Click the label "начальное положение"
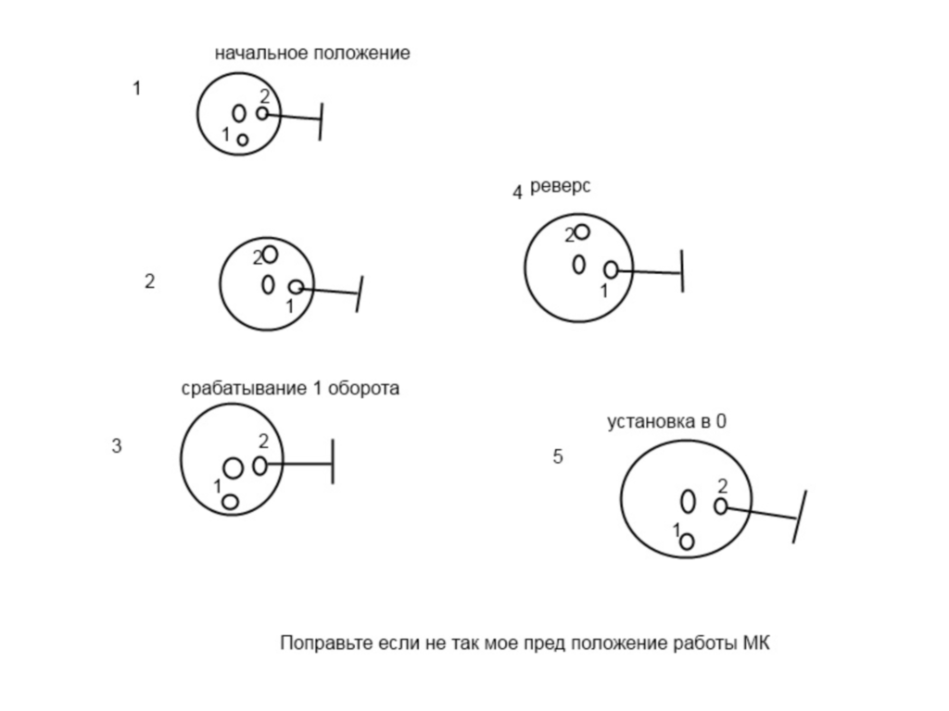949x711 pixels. click(311, 54)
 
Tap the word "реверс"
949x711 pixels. click(560, 186)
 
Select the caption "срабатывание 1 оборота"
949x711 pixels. click(290, 389)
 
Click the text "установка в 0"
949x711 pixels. click(666, 422)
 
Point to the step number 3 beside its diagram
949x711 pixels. click(117, 446)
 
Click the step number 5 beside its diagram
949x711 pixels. click(557, 456)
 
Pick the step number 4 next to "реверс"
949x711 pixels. click(517, 193)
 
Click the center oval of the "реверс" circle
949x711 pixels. click(579, 265)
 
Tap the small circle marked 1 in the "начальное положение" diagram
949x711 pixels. click(243, 140)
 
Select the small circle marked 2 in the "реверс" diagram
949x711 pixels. click(582, 231)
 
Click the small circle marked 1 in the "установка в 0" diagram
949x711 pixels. click(687, 542)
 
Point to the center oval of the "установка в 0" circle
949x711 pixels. click(688, 501)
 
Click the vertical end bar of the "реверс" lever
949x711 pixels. click(681, 271)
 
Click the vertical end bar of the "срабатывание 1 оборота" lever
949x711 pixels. click(332, 462)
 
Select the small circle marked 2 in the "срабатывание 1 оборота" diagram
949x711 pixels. click(259, 465)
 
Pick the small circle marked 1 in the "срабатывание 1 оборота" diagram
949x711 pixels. click(230, 502)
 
